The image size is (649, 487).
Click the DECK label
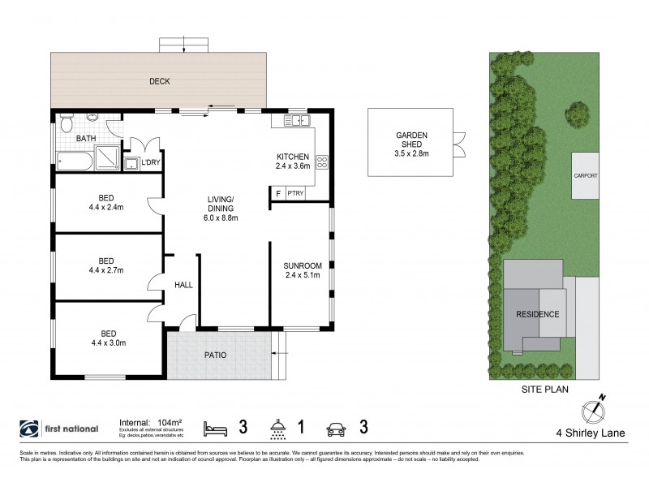tap(159, 81)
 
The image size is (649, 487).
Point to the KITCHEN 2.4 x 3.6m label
tap(293, 161)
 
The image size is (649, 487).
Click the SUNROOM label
tap(303, 270)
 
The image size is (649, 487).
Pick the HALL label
tap(183, 284)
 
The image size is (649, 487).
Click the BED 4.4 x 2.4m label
tap(106, 202)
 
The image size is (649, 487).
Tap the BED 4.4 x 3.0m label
tap(106, 338)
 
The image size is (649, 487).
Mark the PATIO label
tap(215, 356)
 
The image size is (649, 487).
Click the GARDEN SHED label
tap(410, 141)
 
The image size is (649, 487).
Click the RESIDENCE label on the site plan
tap(537, 313)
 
